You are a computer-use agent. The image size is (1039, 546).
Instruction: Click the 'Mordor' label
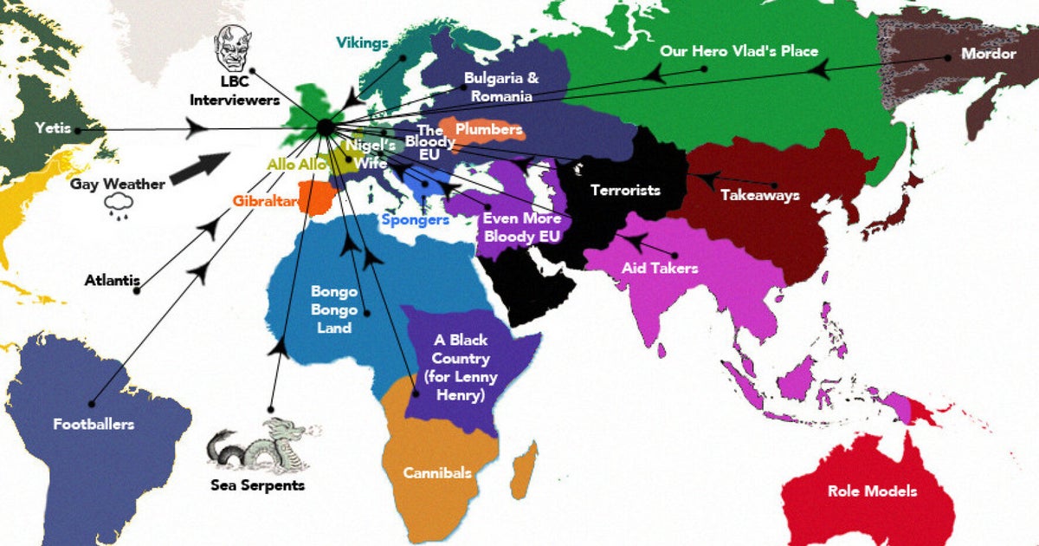coord(988,54)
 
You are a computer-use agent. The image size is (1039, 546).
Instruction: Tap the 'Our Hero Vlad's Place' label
coord(739,51)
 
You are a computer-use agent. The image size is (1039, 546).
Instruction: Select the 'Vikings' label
coord(361,42)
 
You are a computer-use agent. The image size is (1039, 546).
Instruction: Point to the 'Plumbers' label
coord(489,130)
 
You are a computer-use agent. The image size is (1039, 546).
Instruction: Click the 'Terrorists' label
coord(625,190)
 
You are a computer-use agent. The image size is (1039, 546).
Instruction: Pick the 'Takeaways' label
coord(759,196)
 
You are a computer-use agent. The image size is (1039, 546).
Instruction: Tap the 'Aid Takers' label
coord(660,268)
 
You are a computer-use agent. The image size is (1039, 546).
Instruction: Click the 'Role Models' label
coord(872,491)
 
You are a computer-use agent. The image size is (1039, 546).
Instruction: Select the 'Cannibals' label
coord(437,472)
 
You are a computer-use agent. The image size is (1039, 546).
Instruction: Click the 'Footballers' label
coord(94,424)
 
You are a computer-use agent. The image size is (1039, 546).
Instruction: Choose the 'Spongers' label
coord(416,220)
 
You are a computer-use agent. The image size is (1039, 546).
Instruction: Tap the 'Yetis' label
coord(52,129)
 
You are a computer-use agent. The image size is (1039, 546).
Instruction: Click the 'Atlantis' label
coord(113,281)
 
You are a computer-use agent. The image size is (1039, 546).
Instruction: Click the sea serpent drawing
coord(261,445)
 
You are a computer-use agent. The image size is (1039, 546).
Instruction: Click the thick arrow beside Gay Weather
coord(200,167)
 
